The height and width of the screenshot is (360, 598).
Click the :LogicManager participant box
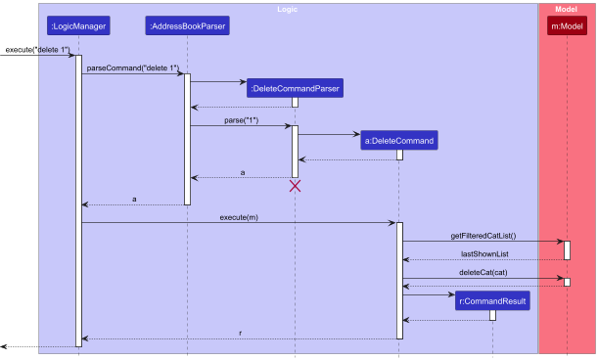pos(78,25)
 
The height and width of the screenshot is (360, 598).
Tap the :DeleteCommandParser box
pos(295,89)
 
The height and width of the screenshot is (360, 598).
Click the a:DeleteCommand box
pos(399,141)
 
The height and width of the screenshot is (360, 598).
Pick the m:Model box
pos(568,25)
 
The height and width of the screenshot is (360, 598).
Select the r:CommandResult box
pos(492,302)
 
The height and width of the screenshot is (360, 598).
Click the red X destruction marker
pos(295,186)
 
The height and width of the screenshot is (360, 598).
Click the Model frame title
pos(568,8)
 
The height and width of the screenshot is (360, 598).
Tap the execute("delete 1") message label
pos(35,49)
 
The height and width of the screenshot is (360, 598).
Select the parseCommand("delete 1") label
pos(130,67)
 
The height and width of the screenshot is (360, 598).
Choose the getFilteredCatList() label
pos(483,236)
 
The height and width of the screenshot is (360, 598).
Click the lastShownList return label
pos(483,253)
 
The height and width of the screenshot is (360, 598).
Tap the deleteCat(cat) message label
pos(483,272)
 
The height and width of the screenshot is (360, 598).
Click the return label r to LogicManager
pos(240,333)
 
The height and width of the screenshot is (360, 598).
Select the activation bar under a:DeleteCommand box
pos(399,155)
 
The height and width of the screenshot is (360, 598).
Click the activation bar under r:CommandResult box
pos(492,315)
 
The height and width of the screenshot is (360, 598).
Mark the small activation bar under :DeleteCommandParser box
pos(295,102)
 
